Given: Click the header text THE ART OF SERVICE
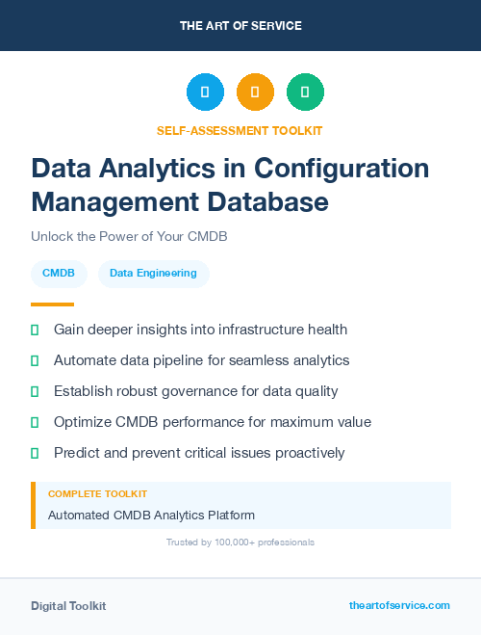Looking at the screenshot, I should point(240,26).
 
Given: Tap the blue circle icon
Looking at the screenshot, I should point(205,93).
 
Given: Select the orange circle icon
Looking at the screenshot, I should point(255,93).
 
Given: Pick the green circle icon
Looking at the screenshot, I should point(305,93).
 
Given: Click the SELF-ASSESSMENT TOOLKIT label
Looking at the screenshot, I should point(240,130).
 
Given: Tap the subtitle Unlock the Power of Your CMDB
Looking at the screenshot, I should point(128,236).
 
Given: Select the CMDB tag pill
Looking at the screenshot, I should point(59,273).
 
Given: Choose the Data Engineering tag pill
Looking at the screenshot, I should point(153,273).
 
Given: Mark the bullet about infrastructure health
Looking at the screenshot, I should point(200,330).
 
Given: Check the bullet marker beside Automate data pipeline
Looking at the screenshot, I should point(35,360).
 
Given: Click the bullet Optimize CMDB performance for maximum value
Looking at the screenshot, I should point(212,422).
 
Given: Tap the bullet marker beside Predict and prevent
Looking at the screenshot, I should point(35,453).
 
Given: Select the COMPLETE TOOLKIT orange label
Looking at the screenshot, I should point(97,493).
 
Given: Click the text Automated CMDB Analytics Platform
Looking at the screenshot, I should point(151,516).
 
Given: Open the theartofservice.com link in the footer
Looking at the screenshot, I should point(399,605).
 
